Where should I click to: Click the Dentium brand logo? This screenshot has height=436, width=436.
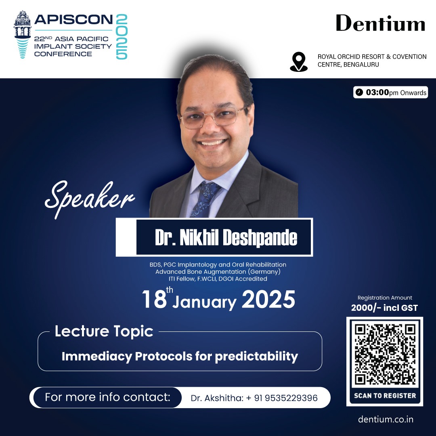[x=380, y=23]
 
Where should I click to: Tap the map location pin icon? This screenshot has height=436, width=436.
[x=299, y=62]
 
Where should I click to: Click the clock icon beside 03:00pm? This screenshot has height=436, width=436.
[x=359, y=92]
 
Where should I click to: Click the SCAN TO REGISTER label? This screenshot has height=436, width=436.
[x=385, y=396]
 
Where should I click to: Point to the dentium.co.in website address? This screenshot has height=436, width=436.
[x=386, y=419]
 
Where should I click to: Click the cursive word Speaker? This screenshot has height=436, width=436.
[x=90, y=198]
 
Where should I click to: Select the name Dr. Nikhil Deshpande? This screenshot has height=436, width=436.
[x=226, y=238]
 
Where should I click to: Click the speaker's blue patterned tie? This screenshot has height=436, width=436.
[x=205, y=199]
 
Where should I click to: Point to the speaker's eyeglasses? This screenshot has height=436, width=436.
[x=213, y=117]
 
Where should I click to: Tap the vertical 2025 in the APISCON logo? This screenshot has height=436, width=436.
[x=122, y=36]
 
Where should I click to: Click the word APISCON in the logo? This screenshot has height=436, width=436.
[x=74, y=20]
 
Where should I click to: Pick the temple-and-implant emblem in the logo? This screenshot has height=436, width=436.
[x=23, y=34]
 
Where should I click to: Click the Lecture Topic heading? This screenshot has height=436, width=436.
[x=104, y=331]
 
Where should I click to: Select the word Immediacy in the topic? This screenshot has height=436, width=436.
[x=97, y=356]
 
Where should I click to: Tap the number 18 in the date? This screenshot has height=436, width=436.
[x=154, y=300]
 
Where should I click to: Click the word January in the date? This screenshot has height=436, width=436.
[x=204, y=303]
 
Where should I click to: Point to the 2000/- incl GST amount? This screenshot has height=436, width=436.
[x=384, y=308]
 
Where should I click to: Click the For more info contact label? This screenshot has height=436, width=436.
[x=108, y=397]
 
